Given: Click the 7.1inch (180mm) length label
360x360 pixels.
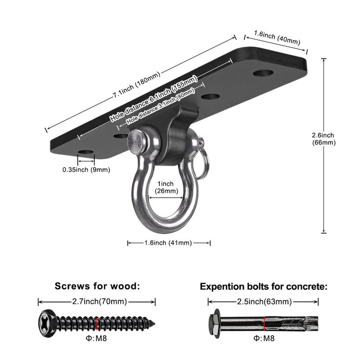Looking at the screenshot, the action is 136,85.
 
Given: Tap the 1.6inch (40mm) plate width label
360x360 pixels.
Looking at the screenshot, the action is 277,38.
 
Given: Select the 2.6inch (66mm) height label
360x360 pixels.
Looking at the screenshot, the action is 324,139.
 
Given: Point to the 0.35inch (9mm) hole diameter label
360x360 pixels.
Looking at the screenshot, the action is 86,170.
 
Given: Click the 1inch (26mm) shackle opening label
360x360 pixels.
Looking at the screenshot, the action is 166,187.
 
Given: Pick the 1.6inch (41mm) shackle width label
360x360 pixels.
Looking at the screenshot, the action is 168,243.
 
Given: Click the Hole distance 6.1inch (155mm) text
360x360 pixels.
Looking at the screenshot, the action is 154,98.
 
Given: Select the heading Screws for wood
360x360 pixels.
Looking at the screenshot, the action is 97,286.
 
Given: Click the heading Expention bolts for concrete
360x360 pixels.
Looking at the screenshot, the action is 264,287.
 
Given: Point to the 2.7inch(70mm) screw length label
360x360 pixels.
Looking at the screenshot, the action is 99,301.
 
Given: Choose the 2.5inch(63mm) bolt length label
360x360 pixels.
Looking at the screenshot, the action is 264,301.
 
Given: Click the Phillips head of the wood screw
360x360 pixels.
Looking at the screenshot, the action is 47,324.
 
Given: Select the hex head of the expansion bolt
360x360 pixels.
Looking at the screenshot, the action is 214,324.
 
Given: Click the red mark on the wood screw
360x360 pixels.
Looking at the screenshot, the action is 97,324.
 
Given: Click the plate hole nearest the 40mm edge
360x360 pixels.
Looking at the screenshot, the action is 263,73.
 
